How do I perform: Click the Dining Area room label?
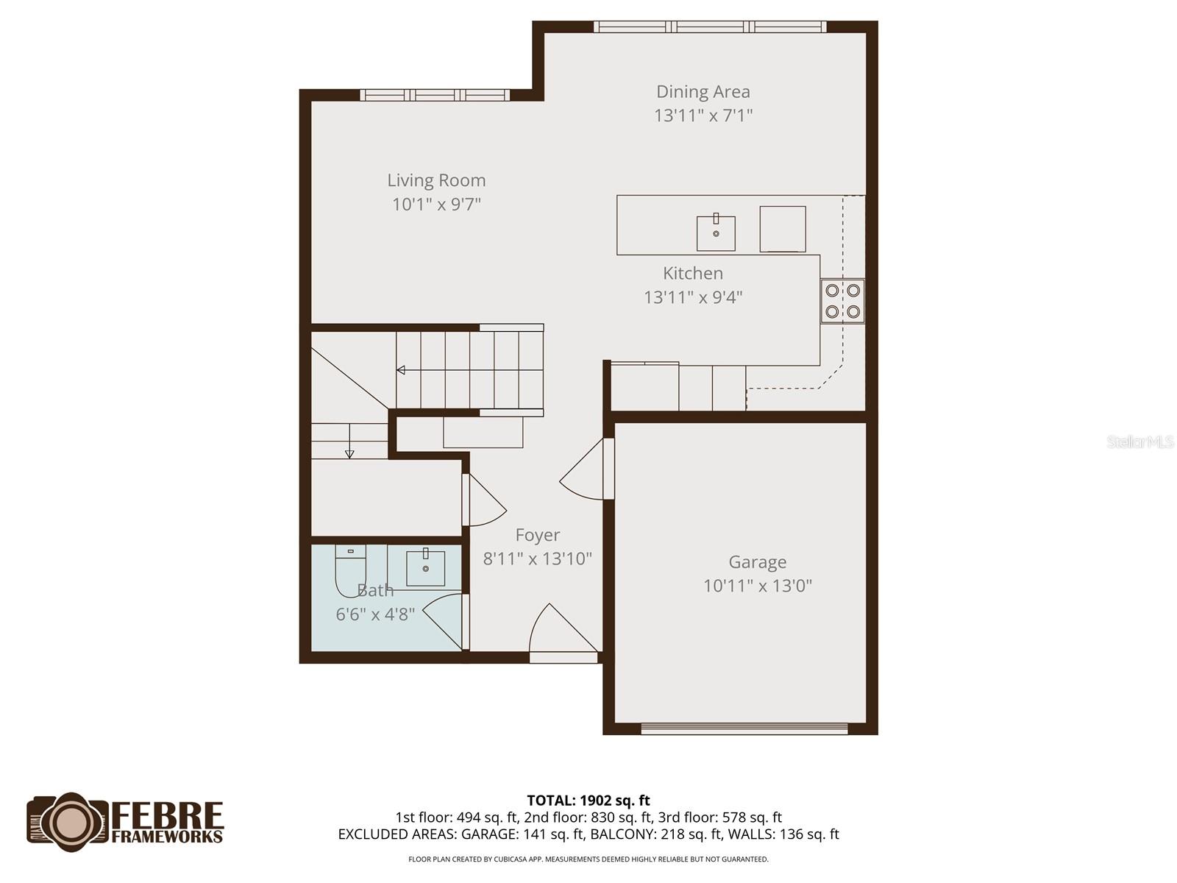coord(703,92)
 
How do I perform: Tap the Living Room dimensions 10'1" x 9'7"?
coord(436,205)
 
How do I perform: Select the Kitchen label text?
coord(693,273)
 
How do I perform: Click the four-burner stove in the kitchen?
coord(842,301)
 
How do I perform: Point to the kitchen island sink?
coord(716,233)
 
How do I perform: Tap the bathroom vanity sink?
coord(425,567)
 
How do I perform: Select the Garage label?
coord(758,562)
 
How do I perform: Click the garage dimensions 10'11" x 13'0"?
coord(758,586)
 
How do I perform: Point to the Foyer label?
coord(538,535)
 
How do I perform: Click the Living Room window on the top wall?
coord(435,95)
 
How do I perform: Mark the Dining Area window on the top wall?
coord(710,27)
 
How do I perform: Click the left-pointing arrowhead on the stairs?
coord(401,370)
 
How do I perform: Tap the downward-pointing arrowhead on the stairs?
coord(349,454)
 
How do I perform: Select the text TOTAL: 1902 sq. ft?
coord(588,801)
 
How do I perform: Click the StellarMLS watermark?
coord(1139,442)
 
